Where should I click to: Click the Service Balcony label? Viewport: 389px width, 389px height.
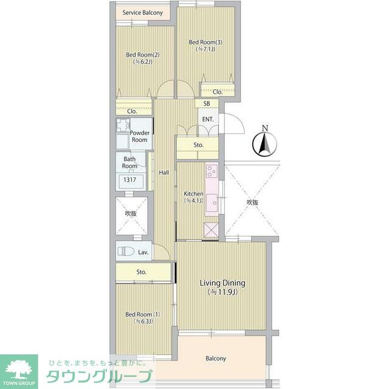click(x=143, y=13)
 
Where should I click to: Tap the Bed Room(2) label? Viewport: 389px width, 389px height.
click(x=143, y=55)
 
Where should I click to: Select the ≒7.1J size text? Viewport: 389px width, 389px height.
click(x=205, y=49)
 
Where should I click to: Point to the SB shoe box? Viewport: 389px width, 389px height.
click(x=207, y=103)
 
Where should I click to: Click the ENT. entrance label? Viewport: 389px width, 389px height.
click(x=208, y=119)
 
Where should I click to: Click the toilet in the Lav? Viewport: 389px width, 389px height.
click(x=126, y=251)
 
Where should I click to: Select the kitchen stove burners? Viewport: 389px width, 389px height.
click(x=212, y=171)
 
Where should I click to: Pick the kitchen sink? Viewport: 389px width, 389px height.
click(x=212, y=202)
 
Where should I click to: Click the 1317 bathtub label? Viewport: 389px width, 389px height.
click(x=129, y=179)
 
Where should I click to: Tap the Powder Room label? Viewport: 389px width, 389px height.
click(x=139, y=136)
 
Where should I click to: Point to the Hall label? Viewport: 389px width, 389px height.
click(x=164, y=173)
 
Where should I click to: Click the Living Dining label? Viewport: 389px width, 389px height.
click(x=222, y=283)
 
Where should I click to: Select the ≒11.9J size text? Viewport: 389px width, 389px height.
click(x=222, y=292)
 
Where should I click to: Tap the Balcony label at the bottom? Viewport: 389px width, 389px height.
click(x=216, y=359)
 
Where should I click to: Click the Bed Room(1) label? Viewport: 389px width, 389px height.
click(x=143, y=314)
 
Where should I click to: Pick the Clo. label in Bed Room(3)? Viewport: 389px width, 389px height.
click(x=218, y=92)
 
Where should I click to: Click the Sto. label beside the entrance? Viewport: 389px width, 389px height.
click(x=198, y=145)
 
